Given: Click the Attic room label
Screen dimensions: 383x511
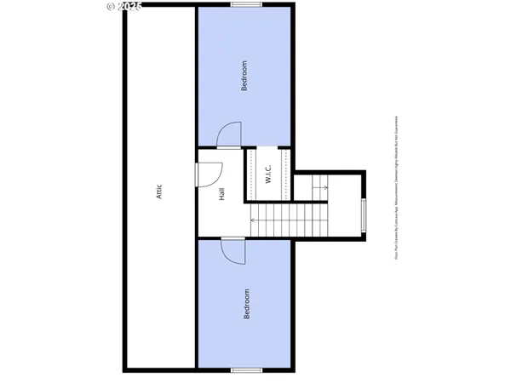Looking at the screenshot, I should coord(159,191).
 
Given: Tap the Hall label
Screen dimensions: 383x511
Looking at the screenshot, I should coord(221,194).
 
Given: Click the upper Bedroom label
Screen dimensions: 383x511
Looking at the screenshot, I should coord(244,76).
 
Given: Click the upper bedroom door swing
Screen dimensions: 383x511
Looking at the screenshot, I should coord(228,135).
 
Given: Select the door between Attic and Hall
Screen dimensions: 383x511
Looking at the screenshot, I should coord(204,172).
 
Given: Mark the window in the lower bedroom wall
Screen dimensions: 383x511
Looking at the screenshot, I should coord(246,369).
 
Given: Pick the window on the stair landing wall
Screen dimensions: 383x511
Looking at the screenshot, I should coord(365,215).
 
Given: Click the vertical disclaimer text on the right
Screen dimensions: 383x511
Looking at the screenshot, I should coord(396,191).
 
